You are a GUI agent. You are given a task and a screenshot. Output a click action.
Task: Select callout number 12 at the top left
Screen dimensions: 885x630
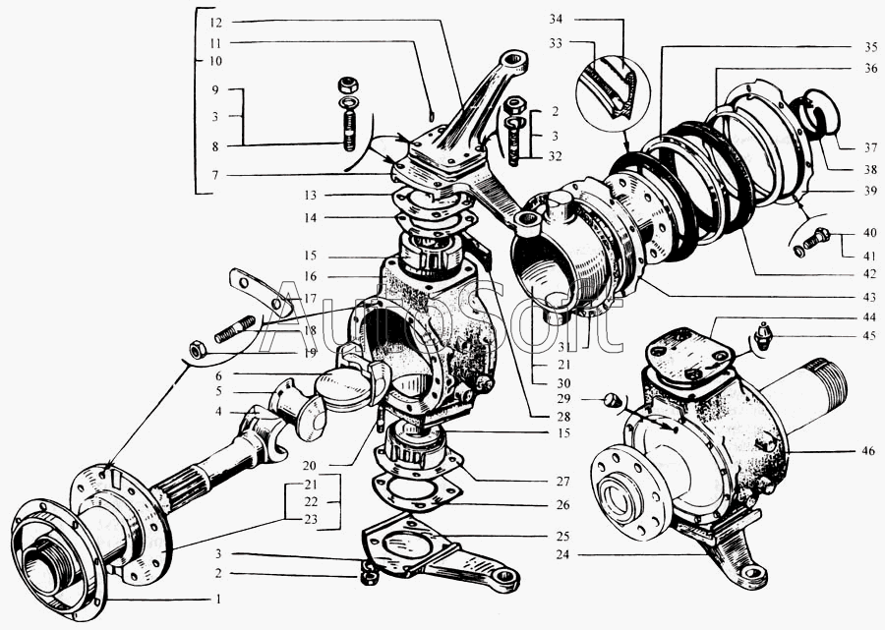pyautogui.click(x=215, y=23)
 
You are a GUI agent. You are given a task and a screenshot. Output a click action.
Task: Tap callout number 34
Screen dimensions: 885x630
pyautogui.click(x=556, y=20)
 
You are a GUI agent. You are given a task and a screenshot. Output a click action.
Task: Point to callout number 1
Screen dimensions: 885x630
pyautogui.click(x=218, y=599)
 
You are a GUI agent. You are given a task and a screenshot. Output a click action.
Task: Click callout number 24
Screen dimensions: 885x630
pyautogui.click(x=562, y=554)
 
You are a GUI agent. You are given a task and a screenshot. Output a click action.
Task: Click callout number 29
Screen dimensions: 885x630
pyautogui.click(x=563, y=399)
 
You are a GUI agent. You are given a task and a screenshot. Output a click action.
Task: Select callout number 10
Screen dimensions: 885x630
pyautogui.click(x=215, y=61)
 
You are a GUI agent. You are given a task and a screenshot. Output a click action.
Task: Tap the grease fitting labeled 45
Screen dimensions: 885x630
pyautogui.click(x=763, y=336)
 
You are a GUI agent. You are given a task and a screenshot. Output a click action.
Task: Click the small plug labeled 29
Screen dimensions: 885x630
pyautogui.click(x=612, y=400)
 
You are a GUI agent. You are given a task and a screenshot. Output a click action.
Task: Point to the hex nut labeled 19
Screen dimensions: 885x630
pyautogui.click(x=197, y=350)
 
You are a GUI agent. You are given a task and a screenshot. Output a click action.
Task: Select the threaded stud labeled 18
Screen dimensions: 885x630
pyautogui.click(x=234, y=329)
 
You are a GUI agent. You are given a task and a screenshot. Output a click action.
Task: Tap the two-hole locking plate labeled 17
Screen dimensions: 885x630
pyautogui.click(x=261, y=292)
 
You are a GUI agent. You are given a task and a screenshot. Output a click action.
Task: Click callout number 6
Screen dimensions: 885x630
pyautogui.click(x=218, y=375)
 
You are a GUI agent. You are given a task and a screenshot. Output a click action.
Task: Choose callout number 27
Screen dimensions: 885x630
pyautogui.click(x=562, y=482)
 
